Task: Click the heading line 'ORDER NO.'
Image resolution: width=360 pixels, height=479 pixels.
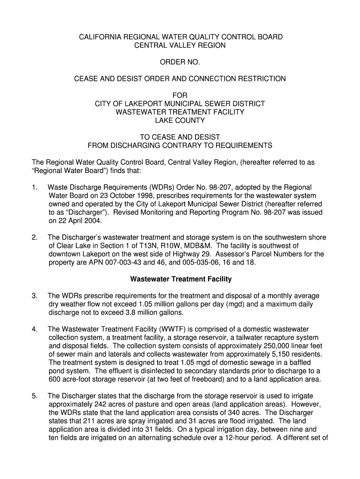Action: (180, 62)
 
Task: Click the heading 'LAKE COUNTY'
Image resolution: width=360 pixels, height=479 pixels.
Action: (180, 120)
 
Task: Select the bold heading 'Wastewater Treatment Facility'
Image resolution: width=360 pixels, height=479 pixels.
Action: (180, 279)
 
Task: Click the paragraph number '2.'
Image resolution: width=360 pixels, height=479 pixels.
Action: (35, 238)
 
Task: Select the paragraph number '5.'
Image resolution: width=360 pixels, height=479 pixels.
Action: (35, 396)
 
